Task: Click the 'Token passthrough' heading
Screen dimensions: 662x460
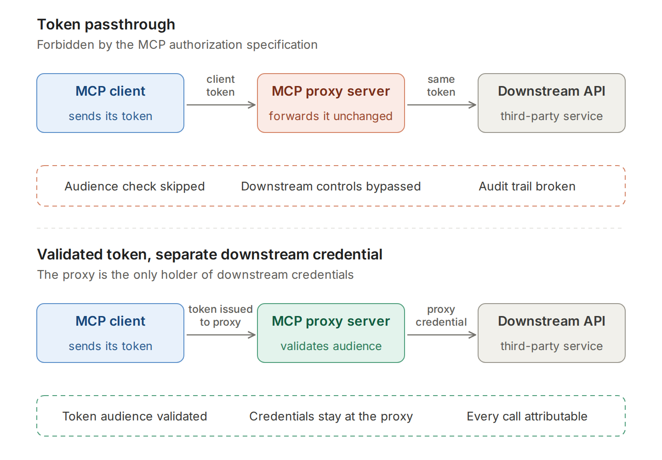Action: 106,24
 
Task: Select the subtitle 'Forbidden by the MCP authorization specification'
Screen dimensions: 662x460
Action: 177,45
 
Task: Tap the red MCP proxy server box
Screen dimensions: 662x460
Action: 331,103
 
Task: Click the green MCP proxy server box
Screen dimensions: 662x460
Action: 331,333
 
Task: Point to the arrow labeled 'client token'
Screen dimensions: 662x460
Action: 221,105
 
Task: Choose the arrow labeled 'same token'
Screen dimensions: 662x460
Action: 441,105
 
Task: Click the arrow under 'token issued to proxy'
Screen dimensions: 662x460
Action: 221,335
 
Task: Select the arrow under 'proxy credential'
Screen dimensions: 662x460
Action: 441,335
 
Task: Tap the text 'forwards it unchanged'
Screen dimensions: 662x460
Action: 331,116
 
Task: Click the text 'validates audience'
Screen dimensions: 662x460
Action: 331,346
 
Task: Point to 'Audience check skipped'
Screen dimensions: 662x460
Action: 135,187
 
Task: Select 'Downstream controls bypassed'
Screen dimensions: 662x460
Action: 331,187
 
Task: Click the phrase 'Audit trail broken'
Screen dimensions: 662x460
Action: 527,187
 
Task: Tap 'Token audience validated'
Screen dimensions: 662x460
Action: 135,417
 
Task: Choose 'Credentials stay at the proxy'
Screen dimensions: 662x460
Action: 331,417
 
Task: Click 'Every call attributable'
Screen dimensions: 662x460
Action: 527,417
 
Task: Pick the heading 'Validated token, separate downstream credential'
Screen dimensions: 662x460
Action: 210,254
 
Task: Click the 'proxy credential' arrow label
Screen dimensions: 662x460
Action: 441,316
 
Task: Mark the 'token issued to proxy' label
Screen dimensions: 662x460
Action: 221,316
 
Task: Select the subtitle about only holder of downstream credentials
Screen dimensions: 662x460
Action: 195,275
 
